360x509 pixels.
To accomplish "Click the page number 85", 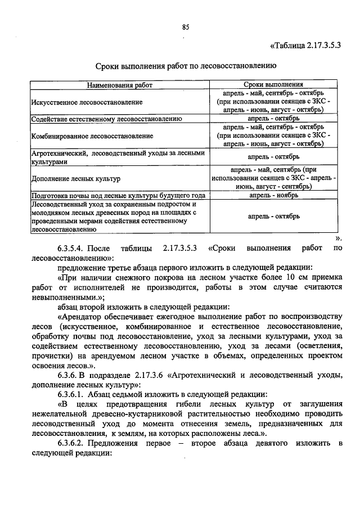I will tap(184, 27).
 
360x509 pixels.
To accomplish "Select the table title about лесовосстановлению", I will tap(184, 66).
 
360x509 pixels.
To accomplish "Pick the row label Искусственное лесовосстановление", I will tap(87, 102).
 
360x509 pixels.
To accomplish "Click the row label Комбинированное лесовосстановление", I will tap(92, 136).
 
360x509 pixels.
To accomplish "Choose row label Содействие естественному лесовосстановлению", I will tap(106, 119).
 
